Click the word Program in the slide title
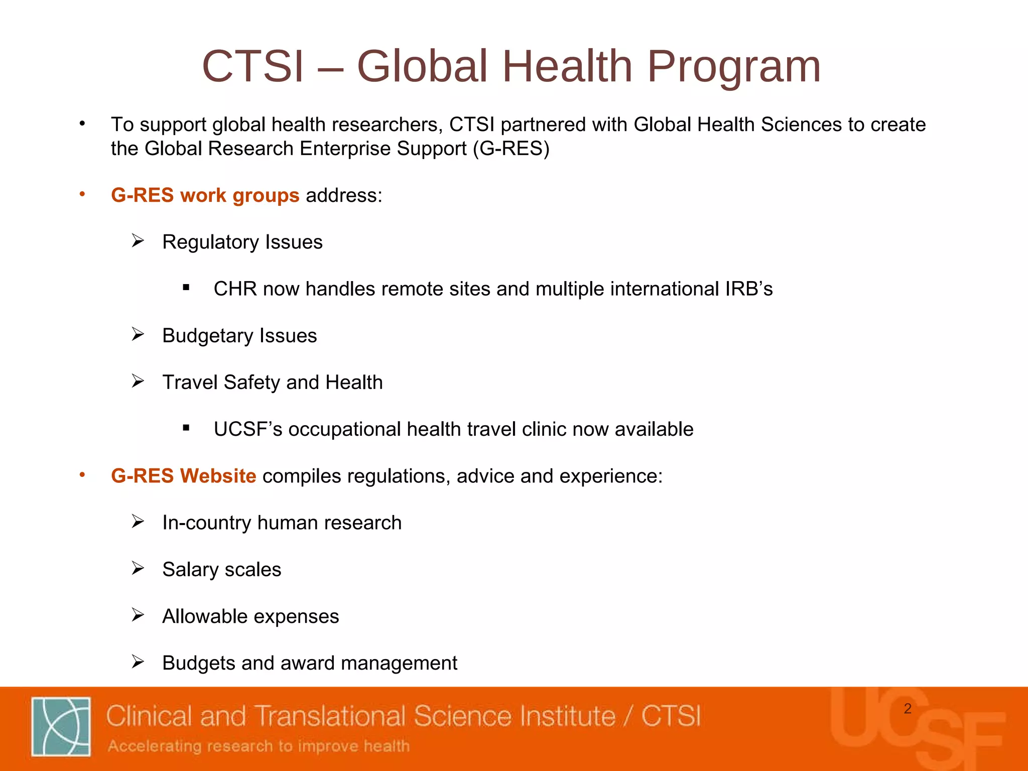(x=734, y=67)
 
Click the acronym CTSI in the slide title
(x=253, y=67)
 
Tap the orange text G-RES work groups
(x=205, y=195)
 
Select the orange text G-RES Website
(x=183, y=476)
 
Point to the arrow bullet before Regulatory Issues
(x=138, y=241)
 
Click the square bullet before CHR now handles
(x=186, y=288)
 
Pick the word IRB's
(x=748, y=289)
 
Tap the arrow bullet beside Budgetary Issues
(x=138, y=334)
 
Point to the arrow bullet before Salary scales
(x=138, y=568)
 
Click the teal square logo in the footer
(x=61, y=726)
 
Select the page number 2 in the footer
(x=907, y=709)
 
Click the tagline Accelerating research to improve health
(x=259, y=746)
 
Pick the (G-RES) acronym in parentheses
(x=511, y=149)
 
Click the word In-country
(x=207, y=523)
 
